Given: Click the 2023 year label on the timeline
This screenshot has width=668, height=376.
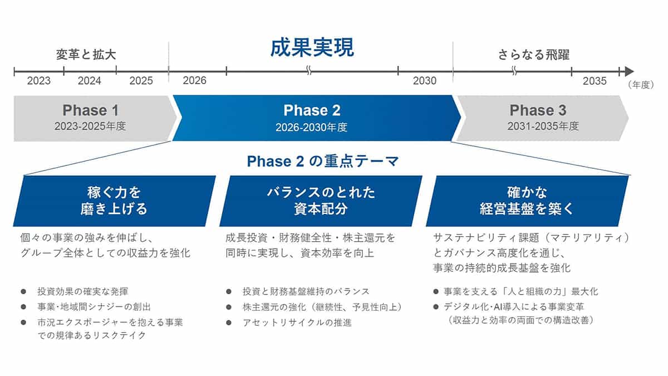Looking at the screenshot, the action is pos(39,81).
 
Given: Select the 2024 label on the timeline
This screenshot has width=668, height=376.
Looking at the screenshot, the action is pos(90,81).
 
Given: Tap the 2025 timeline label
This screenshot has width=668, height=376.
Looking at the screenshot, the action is pos(141,81).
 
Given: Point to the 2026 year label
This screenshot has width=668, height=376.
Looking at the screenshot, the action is pos(194,81).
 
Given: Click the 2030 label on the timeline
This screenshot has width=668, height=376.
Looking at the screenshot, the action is pos(425,81).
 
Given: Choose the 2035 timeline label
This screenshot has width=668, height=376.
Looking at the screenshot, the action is pos(595,81).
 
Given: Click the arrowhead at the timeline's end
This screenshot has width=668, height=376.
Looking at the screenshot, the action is pos(629,71).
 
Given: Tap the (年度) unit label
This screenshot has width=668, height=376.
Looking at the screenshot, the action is pos(641,85).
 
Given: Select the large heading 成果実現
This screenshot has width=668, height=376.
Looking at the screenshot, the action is pos(312,48).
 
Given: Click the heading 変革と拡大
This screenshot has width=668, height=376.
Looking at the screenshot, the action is pos(86,55).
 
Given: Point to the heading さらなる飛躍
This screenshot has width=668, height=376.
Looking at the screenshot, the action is pos(534,55).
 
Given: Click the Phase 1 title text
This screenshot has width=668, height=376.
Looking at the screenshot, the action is pos(91,110).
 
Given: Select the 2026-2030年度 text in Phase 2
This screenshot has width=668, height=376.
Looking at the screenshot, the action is pos(312,128).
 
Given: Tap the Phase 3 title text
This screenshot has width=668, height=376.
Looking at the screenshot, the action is pos(538,110).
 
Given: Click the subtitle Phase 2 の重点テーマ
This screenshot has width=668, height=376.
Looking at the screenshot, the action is pos(323,161).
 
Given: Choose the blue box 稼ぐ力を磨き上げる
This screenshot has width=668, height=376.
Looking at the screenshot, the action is pos(115,201).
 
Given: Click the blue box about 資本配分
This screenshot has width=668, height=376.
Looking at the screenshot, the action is pos(321,201).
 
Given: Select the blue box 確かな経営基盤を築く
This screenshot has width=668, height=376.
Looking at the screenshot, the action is pos(527,201).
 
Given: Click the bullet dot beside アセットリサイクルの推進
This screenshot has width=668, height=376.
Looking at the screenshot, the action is pos(229,323).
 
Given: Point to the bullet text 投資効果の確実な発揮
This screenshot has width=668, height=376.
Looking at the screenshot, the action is pos(83,291).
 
